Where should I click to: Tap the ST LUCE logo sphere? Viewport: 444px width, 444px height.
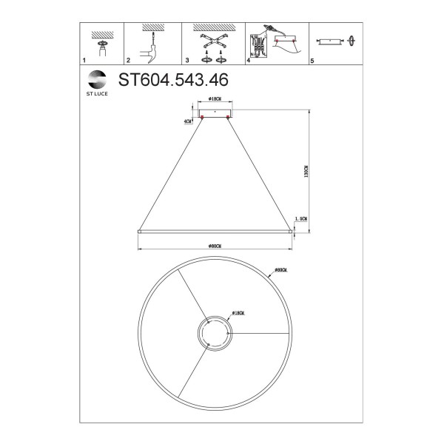[x=97, y=78]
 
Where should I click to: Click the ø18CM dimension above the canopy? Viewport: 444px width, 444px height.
[x=216, y=98]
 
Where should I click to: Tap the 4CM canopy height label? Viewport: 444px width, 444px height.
[x=188, y=120]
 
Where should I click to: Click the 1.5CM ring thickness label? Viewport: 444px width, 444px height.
[x=301, y=218]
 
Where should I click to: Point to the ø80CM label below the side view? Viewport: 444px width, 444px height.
[x=215, y=245]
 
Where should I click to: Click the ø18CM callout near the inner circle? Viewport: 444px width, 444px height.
[x=239, y=314]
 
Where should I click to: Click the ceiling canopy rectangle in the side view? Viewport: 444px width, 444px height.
[x=215, y=110]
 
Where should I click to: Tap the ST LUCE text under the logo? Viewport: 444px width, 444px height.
[x=97, y=93]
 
